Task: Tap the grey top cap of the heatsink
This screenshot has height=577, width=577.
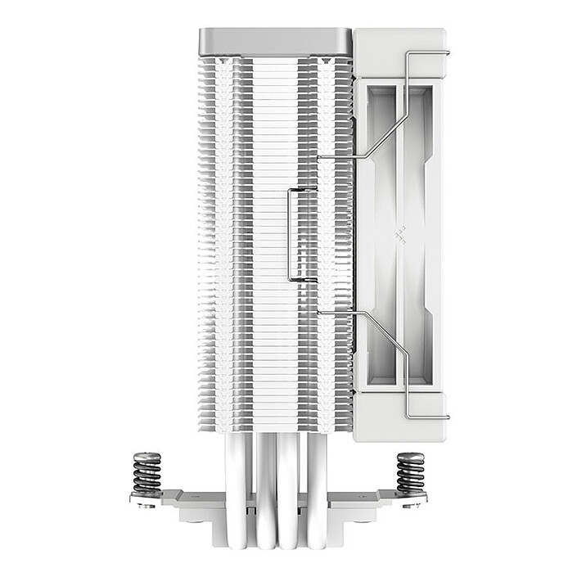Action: point(275,41)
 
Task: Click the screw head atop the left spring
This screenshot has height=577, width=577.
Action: point(147,453)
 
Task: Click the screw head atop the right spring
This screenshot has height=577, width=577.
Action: point(410,453)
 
